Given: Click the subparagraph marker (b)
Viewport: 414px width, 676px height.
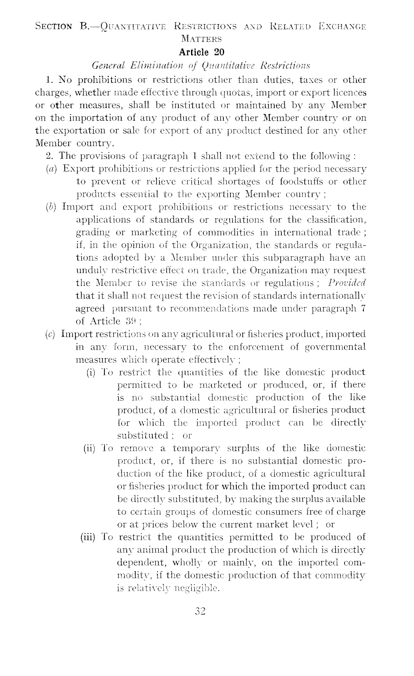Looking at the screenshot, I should [51, 207].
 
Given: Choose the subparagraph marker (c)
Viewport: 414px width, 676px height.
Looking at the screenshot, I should [50, 334].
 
